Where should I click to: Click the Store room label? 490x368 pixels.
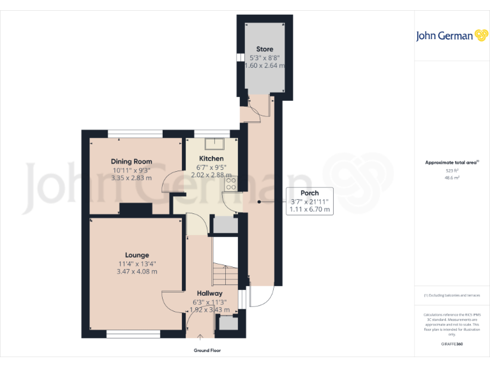point(265,49)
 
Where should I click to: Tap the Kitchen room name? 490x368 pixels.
point(211,158)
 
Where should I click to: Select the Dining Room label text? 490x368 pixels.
point(131,162)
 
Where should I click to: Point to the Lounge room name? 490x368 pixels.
point(137,255)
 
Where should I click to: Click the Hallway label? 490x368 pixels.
point(209,293)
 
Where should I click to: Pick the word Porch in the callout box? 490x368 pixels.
point(309,193)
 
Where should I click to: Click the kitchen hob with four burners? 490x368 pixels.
point(230,184)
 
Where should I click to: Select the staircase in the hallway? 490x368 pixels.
point(225,275)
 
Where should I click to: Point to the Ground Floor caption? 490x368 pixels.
point(207,351)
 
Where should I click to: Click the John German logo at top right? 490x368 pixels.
point(452,36)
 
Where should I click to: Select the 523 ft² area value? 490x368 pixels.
point(452,171)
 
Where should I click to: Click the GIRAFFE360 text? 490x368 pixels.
point(452,344)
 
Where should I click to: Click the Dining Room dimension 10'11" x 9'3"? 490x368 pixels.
point(131,170)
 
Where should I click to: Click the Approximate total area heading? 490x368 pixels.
point(451,163)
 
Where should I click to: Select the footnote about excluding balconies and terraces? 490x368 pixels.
point(452,295)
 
